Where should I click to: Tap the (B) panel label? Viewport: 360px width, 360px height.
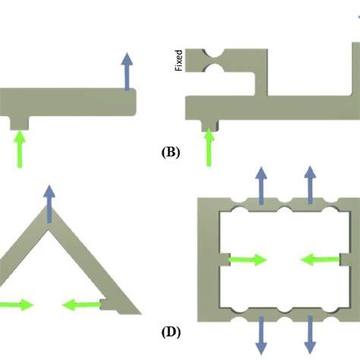(x=171, y=152)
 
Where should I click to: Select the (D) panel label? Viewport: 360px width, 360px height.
(x=171, y=332)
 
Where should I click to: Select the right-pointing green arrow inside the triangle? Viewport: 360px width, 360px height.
(x=17, y=305)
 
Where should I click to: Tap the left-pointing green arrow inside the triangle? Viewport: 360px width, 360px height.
(x=80, y=305)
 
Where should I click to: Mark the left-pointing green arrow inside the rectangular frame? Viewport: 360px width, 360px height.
(x=320, y=261)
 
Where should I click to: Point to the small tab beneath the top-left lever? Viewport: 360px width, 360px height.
(x=18, y=119)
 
